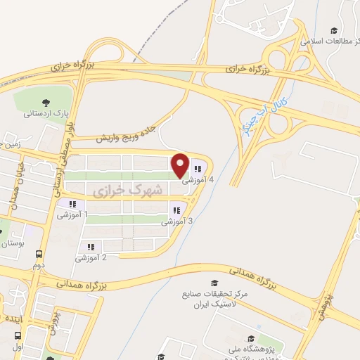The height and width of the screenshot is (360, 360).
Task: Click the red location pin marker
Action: (180, 165)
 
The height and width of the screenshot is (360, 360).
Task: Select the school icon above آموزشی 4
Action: (198, 169)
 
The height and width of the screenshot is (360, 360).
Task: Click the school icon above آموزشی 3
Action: (177, 210)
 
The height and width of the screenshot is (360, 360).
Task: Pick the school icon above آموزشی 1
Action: (72, 205)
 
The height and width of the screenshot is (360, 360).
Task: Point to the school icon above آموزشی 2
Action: (91, 247)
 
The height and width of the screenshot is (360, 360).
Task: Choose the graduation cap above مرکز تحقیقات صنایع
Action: (205, 281)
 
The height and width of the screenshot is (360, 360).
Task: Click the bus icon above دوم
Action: (38, 255)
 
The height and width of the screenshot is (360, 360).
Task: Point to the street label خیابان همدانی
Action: (15, 185)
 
